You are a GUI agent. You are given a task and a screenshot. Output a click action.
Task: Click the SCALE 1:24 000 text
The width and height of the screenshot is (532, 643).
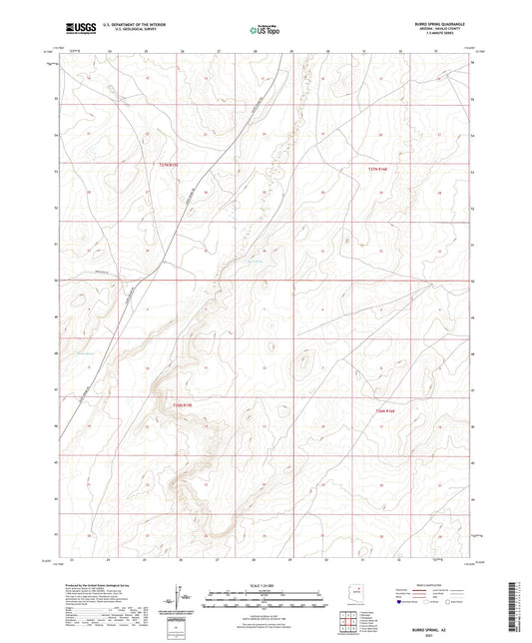point(265,585)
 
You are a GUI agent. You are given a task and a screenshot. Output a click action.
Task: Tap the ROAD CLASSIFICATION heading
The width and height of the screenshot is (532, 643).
point(431,585)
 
